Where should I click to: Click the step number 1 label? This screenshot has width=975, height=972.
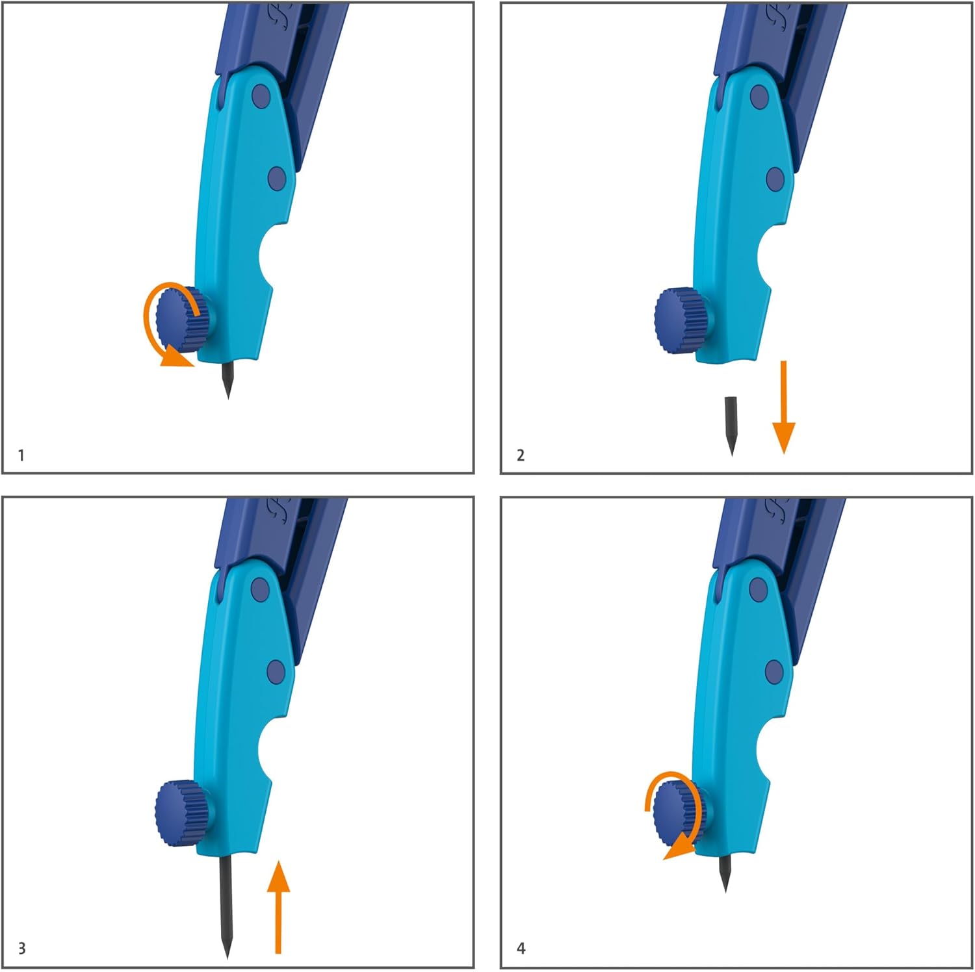21,455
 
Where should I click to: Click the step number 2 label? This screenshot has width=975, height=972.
520,455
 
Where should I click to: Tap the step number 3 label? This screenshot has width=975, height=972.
21,948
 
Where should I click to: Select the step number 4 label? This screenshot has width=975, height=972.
521,948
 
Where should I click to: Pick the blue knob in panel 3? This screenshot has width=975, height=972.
183,813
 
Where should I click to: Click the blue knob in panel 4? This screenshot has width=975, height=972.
682,813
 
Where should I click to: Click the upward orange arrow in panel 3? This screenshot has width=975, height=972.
278,906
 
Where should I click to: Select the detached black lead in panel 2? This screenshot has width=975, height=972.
731,426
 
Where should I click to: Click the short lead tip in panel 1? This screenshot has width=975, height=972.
227,380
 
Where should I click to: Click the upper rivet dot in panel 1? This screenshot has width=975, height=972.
261,96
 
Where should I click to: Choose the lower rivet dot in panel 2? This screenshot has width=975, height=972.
775,179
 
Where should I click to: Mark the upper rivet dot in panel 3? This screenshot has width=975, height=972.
260,589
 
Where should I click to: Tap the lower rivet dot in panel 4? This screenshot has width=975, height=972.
774,672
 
